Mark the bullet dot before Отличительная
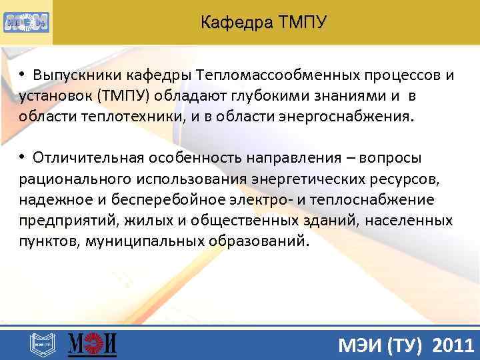[x=22, y=157]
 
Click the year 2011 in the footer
[x=453, y=345]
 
